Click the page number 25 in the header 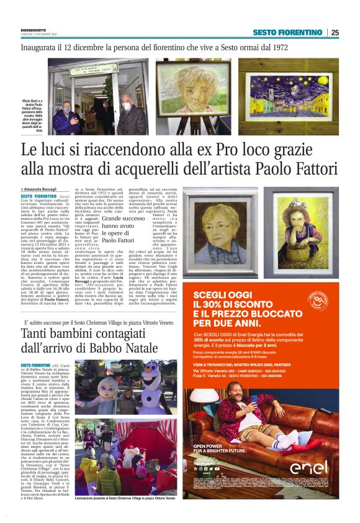335,32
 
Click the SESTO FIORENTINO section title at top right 289,32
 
